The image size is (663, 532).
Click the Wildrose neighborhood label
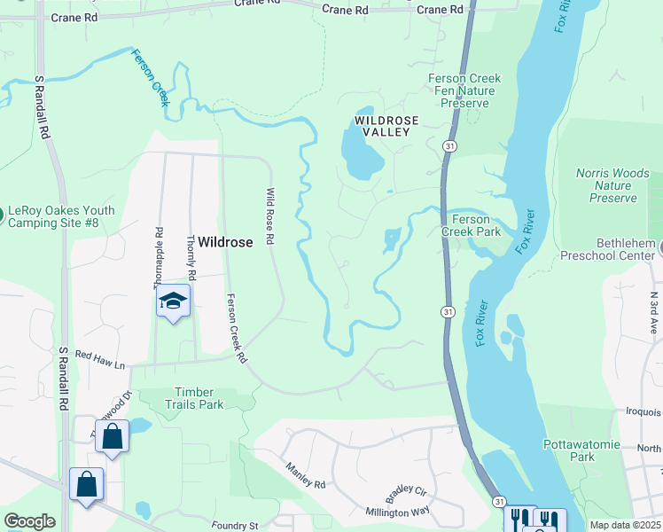pyautogui.click(x=225, y=241)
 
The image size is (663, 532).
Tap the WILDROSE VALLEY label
pyautogui.click(x=382, y=125)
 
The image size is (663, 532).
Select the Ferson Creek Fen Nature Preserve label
pyautogui.click(x=464, y=91)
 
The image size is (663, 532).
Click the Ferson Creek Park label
pyautogui.click(x=477, y=225)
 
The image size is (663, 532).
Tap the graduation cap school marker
pyautogui.click(x=174, y=301)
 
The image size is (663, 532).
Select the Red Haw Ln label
pyautogui.click(x=101, y=358)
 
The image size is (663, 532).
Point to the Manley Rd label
pyautogui.click(x=306, y=475)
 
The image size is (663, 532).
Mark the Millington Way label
pyautogui.click(x=398, y=512)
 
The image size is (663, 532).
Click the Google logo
pyautogui.click(x=29, y=520)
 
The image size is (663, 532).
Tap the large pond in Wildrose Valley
pyautogui.click(x=362, y=151)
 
